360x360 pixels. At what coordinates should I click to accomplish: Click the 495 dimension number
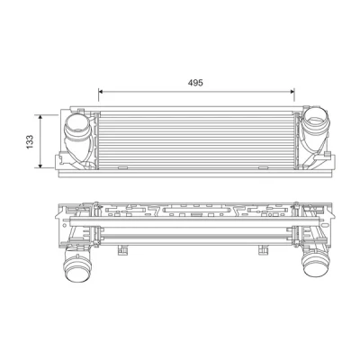click(x=195, y=83)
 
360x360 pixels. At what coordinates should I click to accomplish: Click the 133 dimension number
click(x=30, y=142)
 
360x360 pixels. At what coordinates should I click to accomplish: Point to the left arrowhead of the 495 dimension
click(x=101, y=91)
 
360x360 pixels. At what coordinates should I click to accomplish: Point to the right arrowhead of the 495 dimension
click(x=292, y=91)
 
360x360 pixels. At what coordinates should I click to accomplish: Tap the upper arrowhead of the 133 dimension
click(x=40, y=117)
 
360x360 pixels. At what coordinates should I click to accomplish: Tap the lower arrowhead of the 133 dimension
click(x=40, y=166)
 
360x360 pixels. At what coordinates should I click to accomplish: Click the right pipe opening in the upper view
click(x=315, y=121)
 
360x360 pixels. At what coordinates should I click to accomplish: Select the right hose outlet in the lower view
click(x=314, y=264)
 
